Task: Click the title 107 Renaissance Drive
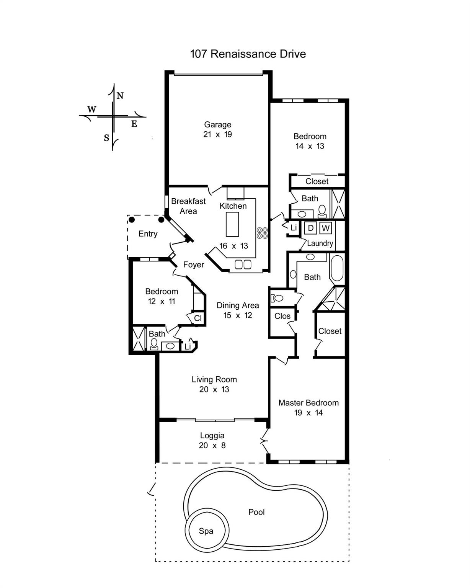point(248,54)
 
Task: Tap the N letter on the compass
point(120,96)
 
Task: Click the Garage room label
point(217,124)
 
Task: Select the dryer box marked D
point(310,228)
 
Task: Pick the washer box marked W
point(325,228)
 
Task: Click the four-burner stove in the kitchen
point(262,233)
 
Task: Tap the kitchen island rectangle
point(232,224)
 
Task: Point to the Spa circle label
point(206,531)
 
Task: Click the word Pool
point(256,512)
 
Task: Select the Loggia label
point(212,436)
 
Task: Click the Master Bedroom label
point(308,403)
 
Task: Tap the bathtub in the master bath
point(337,268)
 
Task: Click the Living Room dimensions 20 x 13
point(214,389)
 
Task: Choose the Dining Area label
point(238,305)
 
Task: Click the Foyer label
point(193,265)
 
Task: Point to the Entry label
point(148,234)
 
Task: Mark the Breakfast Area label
point(188,206)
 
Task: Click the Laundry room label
point(320,243)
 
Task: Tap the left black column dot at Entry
point(132,219)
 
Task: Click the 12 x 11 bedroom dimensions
point(162,301)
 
